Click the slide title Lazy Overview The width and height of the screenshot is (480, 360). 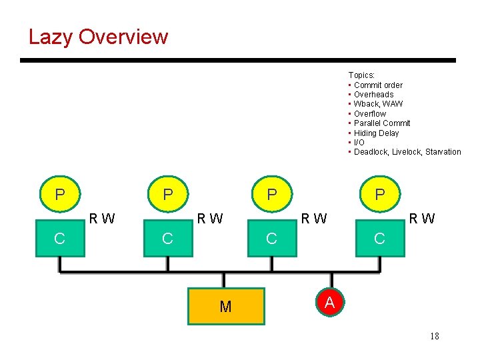(x=98, y=37)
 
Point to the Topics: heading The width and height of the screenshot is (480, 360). (x=361, y=75)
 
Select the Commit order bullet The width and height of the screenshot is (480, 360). (x=378, y=85)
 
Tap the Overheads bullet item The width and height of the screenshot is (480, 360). (x=373, y=95)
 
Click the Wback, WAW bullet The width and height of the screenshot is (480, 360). (x=378, y=104)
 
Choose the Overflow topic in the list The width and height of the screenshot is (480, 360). (x=369, y=114)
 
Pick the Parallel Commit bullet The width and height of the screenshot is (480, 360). (x=382, y=123)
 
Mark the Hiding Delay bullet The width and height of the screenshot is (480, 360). (x=376, y=133)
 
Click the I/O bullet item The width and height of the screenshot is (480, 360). (x=359, y=143)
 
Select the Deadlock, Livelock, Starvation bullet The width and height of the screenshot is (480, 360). (x=407, y=152)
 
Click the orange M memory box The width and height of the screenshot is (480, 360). (x=226, y=306)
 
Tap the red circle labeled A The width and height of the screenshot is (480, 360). (x=329, y=302)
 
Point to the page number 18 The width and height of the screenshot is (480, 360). (x=434, y=336)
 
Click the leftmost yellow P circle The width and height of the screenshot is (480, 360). (x=60, y=195)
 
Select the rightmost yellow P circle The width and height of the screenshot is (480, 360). (x=379, y=195)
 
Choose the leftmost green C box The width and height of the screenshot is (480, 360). (x=60, y=239)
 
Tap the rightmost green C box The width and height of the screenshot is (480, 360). (x=379, y=239)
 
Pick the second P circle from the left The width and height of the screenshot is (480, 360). (x=168, y=195)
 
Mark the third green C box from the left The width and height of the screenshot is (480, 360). (x=271, y=239)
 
